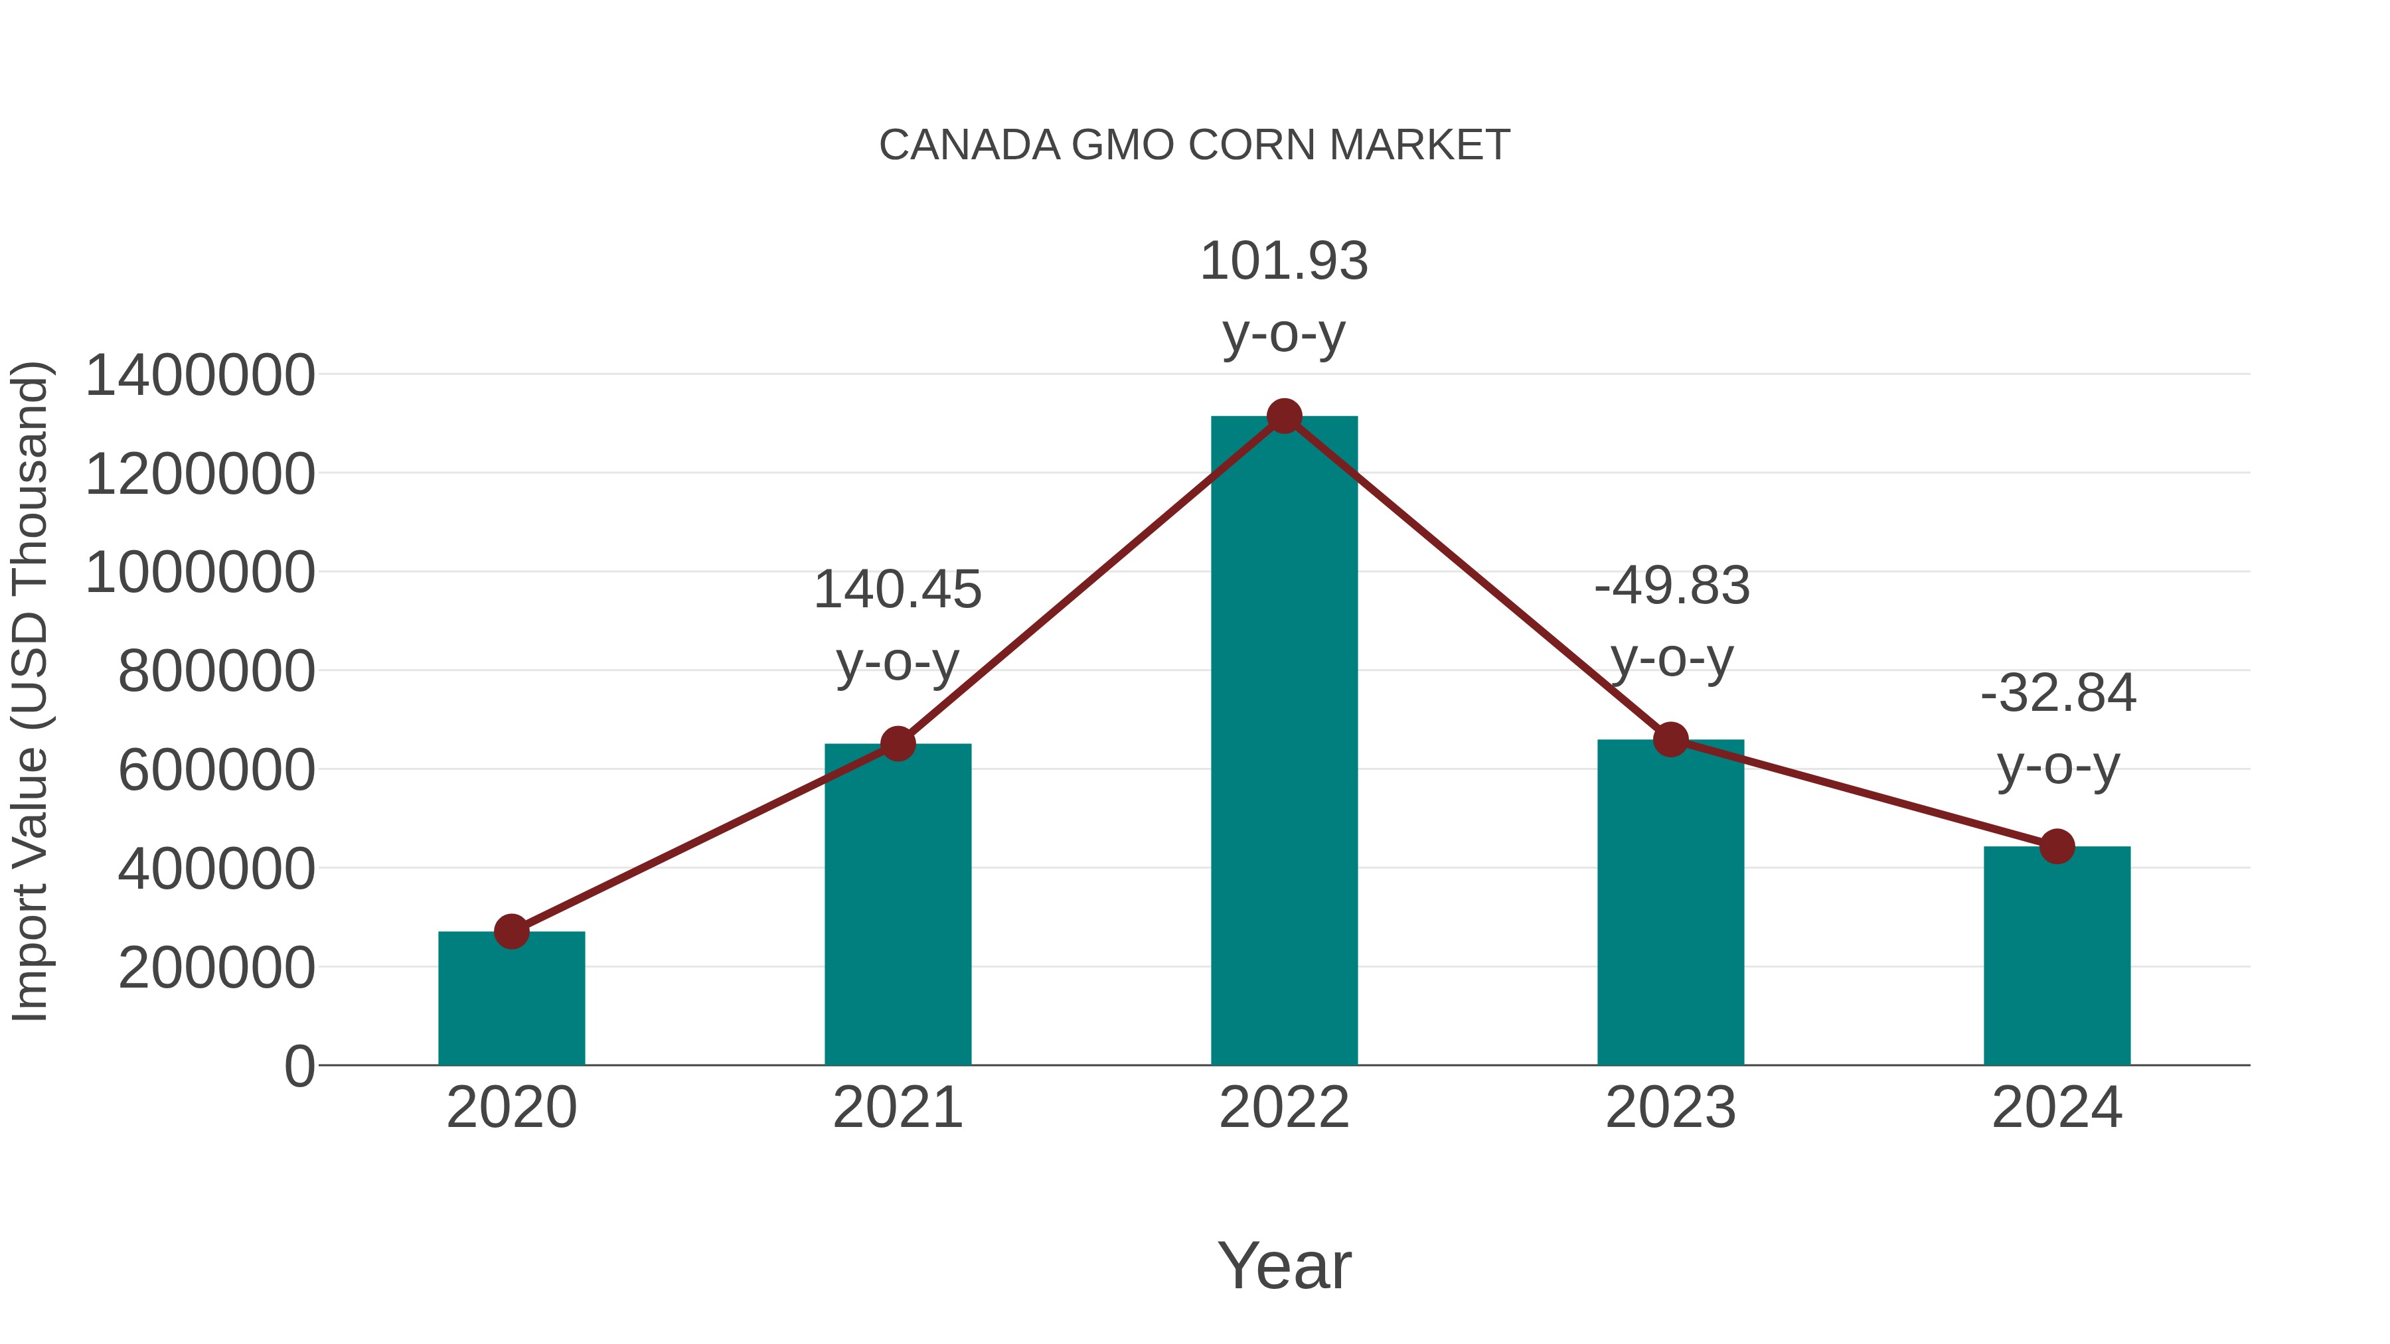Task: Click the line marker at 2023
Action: pos(1670,739)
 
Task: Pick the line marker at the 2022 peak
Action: pos(1284,416)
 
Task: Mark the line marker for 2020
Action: pos(511,931)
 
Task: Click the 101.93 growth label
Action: pos(1284,261)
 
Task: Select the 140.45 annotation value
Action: pos(897,590)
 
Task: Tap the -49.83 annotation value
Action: pos(1672,586)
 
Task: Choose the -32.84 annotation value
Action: pos(2058,694)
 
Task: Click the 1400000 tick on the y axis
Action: pos(199,376)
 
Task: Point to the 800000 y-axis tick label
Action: pos(216,672)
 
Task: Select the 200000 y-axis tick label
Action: pos(216,968)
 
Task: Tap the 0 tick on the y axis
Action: pos(299,1066)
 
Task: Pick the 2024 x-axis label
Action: pos(2057,1108)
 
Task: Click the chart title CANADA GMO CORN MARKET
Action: pos(1194,145)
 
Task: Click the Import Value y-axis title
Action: pos(30,691)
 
